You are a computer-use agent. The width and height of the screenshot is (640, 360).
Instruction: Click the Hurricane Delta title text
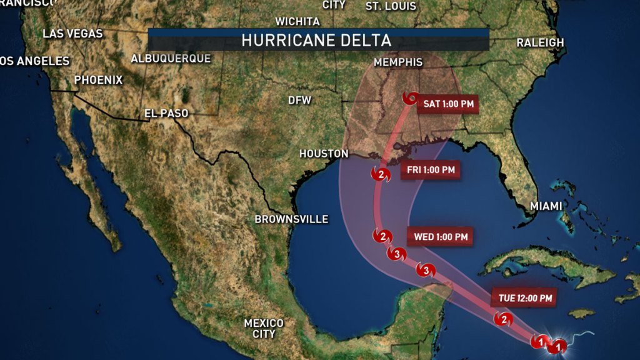[316, 41]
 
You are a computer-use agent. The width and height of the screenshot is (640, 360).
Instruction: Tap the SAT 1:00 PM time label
[448, 104]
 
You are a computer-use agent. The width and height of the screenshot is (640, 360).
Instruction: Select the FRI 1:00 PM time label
[430, 169]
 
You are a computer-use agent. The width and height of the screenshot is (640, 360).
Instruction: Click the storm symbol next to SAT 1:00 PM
[411, 99]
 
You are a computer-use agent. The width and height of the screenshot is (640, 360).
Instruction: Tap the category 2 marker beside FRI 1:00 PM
[381, 174]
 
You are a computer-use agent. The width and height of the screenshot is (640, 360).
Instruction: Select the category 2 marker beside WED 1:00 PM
[382, 236]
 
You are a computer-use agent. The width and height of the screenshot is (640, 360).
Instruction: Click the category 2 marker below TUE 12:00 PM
[503, 320]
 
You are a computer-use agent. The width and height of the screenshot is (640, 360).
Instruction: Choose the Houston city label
[323, 153]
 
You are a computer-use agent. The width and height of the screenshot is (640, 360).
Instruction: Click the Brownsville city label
[291, 219]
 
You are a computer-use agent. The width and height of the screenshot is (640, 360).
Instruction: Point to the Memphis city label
[397, 62]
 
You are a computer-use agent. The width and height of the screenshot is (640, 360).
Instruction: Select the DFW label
[299, 100]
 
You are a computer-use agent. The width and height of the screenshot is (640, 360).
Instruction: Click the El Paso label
[166, 113]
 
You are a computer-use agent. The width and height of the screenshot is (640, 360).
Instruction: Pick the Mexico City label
[263, 328]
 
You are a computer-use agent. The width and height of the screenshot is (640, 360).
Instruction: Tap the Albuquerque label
[171, 58]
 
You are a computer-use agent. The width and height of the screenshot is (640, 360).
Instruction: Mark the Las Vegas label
[72, 34]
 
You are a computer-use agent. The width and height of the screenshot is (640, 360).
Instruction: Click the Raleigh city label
[540, 42]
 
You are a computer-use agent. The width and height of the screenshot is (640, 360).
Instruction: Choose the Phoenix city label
[98, 80]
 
